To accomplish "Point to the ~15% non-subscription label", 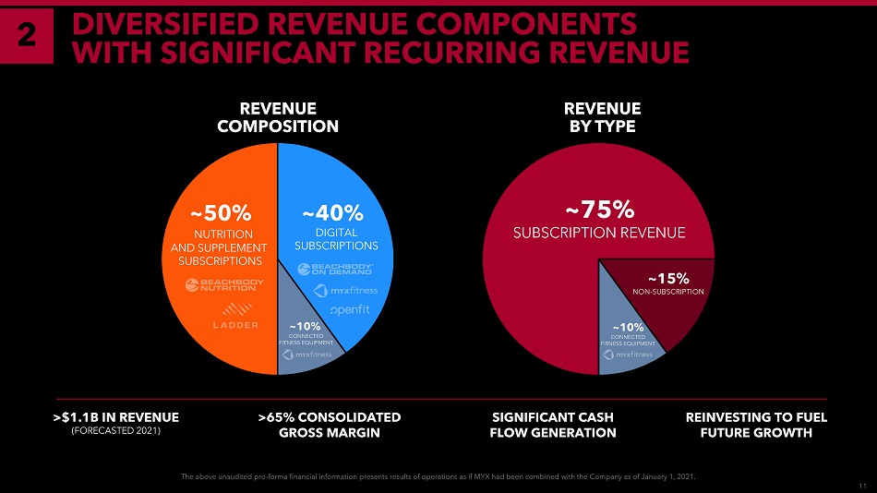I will [668, 276].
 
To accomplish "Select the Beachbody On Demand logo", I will [335, 269].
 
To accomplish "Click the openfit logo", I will [350, 309].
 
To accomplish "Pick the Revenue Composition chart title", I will [278, 117].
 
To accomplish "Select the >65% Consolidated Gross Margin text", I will [330, 424].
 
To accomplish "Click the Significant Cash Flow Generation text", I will [553, 424].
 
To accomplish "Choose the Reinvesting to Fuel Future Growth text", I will [756, 424].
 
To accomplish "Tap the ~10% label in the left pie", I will [305, 326].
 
